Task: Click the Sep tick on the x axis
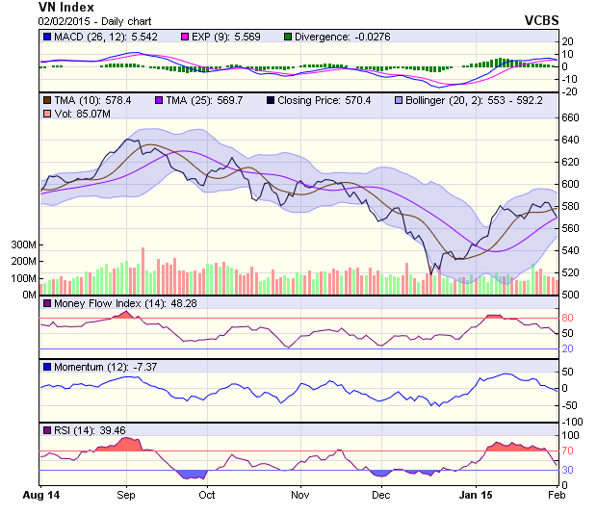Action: pyautogui.click(x=125, y=495)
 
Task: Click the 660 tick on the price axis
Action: pyautogui.click(x=571, y=117)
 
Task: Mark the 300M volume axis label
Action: pyautogui.click(x=22, y=245)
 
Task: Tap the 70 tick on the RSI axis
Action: pyautogui.click(x=568, y=450)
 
